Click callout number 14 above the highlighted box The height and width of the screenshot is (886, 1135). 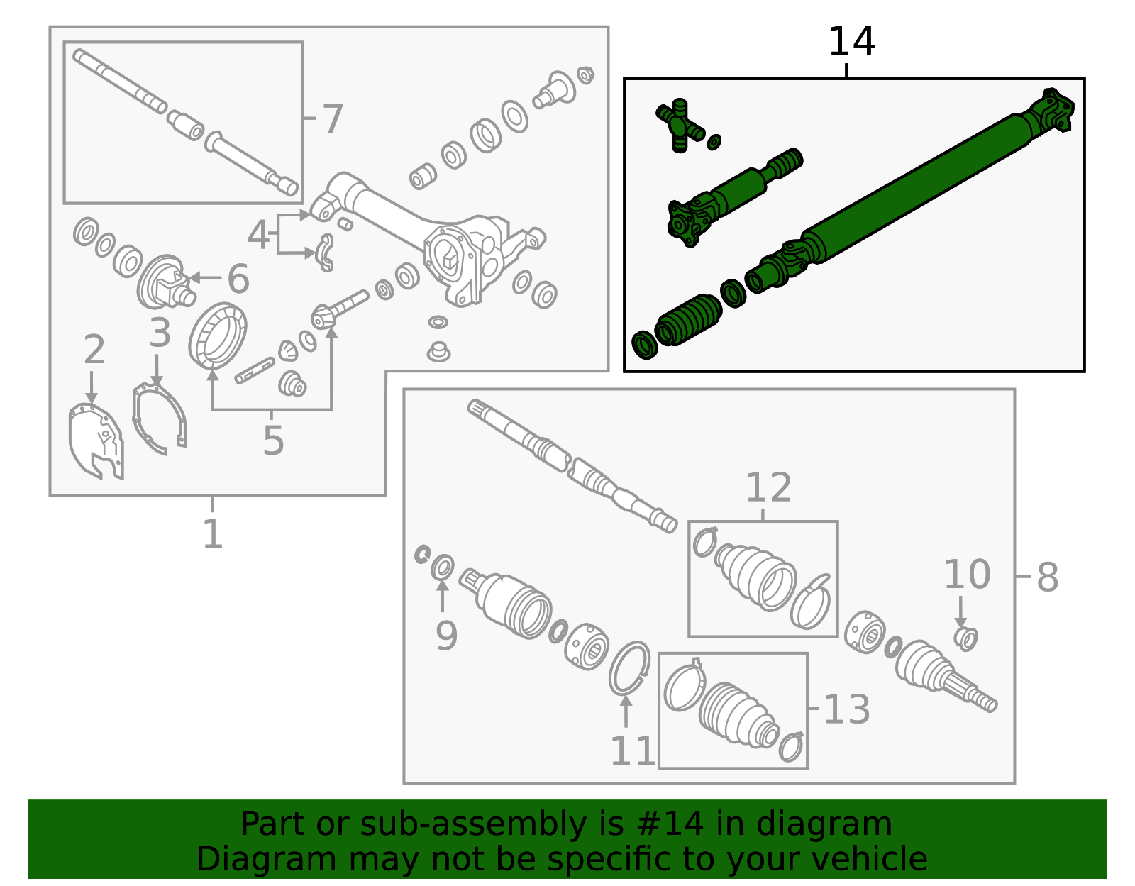[851, 43]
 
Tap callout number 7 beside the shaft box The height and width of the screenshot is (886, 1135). [332, 119]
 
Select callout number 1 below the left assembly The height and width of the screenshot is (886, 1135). [213, 533]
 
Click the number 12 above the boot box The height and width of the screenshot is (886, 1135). [768, 488]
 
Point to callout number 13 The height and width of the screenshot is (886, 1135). [846, 709]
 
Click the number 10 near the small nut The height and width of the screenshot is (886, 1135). [966, 575]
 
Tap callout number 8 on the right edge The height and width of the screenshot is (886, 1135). [1047, 577]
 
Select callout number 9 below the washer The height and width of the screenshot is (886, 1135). [446, 636]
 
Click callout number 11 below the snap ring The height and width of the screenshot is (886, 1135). [633, 752]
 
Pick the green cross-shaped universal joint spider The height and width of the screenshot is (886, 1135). [680, 126]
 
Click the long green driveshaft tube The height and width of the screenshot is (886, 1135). [915, 184]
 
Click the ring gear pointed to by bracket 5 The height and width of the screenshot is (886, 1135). [218, 336]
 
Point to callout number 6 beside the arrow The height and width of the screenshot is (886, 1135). [238, 279]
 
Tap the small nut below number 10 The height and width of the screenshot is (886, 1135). [966, 638]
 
